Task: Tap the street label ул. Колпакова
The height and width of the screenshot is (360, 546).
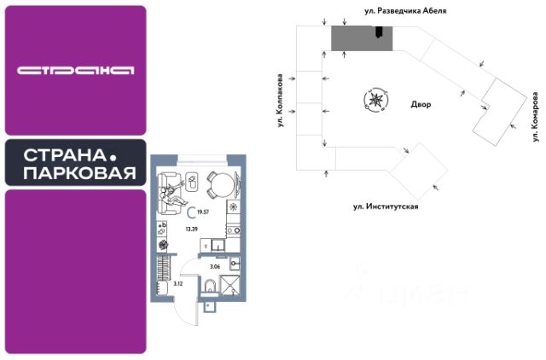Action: click(279, 102)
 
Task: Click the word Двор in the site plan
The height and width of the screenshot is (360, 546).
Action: click(421, 105)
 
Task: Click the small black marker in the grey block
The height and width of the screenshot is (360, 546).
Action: click(378, 32)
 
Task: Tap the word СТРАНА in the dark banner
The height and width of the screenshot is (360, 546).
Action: click(59, 157)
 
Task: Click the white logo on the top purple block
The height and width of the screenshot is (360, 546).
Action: click(75, 70)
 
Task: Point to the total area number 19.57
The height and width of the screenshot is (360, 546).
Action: click(205, 212)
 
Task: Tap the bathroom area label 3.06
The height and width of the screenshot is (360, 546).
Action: click(215, 267)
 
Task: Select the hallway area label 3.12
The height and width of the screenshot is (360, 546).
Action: click(178, 283)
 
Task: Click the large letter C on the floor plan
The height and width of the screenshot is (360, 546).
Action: click(190, 213)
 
